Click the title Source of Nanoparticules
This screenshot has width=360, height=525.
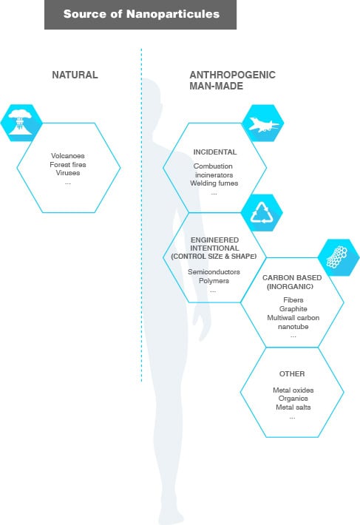141,14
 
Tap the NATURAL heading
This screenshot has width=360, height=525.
75,75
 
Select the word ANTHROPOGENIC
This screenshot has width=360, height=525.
233,75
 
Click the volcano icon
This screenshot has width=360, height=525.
21,123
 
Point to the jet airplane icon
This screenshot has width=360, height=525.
263,124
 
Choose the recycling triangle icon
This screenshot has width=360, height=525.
262,213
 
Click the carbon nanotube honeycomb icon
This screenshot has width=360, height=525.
337,257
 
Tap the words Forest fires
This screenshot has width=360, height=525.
68,164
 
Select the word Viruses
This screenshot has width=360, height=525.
68,173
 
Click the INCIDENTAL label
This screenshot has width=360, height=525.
215,152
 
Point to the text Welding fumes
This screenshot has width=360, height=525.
214,183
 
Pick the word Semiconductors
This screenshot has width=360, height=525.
214,272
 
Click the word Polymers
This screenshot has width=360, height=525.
214,280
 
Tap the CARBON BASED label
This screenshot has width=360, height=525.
292,277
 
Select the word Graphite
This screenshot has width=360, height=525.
293,308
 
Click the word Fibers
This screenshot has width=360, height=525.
293,300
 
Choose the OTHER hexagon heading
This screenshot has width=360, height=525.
292,373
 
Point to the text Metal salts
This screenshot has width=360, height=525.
293,407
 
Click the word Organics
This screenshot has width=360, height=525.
293,399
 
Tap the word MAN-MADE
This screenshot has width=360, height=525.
216,86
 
